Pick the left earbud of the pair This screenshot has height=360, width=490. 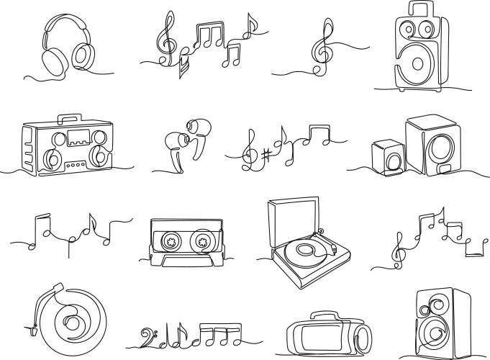pyautogui.click(x=173, y=144)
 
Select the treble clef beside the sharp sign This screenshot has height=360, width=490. pyautogui.click(x=252, y=149)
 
